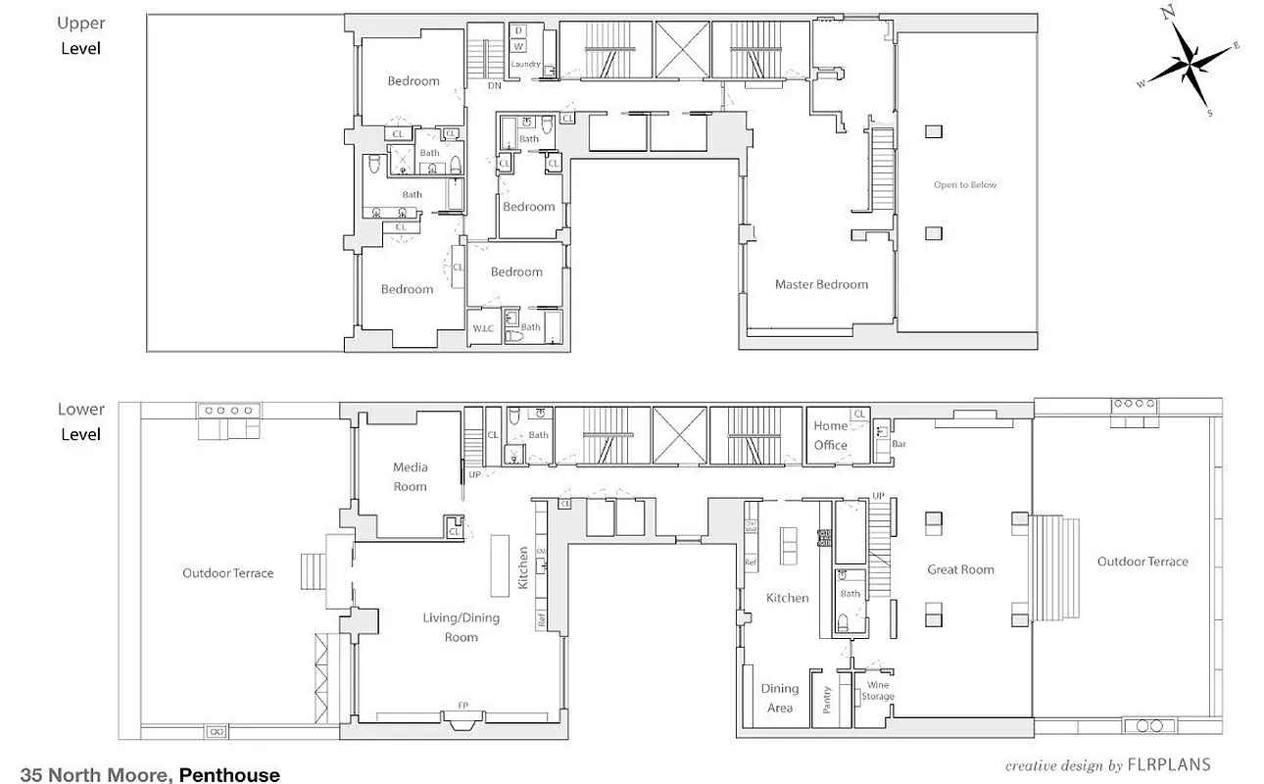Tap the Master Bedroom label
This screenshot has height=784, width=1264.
[x=821, y=285]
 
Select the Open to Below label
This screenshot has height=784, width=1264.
[x=964, y=185]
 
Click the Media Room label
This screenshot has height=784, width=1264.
[x=411, y=477]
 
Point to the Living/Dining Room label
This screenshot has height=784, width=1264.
[x=462, y=627]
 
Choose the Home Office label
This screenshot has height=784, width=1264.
[x=830, y=435]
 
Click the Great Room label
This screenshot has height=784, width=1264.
[x=960, y=569]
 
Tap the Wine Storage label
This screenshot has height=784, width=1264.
[x=878, y=691]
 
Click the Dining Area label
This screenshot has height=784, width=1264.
[x=779, y=698]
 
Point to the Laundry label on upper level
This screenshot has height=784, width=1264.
[x=526, y=65]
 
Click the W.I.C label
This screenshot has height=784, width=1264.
[x=483, y=328]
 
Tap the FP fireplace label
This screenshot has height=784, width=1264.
[x=462, y=705]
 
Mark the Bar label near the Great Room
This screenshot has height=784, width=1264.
[x=897, y=443]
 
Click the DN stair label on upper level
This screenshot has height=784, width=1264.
[x=495, y=85]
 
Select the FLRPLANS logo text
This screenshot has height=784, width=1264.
[x=1169, y=764]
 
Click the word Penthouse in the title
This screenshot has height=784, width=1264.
[x=229, y=775]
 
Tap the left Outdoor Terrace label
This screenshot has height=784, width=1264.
[x=227, y=573]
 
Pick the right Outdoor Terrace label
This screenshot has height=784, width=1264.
[x=1142, y=562]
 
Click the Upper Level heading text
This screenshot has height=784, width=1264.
[x=81, y=35]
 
